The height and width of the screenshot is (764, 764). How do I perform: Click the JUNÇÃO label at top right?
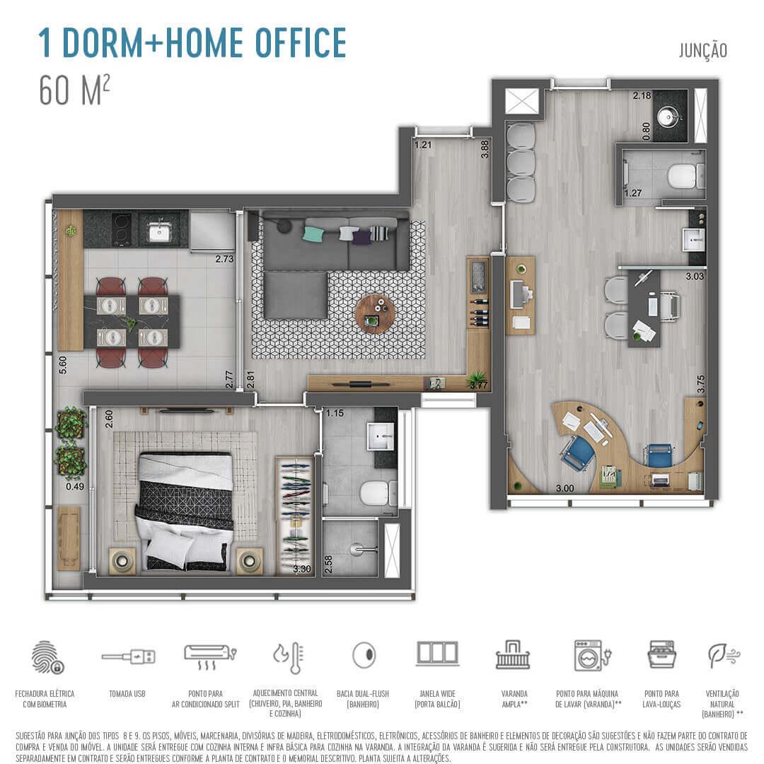pos(702,50)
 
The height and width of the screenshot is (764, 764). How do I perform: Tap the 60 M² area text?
pos(74,91)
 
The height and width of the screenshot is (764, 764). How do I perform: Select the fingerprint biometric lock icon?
pos(47,657)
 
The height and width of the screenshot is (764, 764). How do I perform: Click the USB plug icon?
pos(128,657)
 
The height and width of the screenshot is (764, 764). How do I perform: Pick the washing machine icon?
pos(591,655)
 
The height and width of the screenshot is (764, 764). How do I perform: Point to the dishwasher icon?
pos(662,655)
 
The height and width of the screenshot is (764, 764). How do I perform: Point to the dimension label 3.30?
pos(302,568)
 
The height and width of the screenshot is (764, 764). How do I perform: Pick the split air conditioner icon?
pos(207,654)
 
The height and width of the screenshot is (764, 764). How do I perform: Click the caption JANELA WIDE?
pos(436,693)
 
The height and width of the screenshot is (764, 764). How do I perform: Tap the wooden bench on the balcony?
pos(69,538)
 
